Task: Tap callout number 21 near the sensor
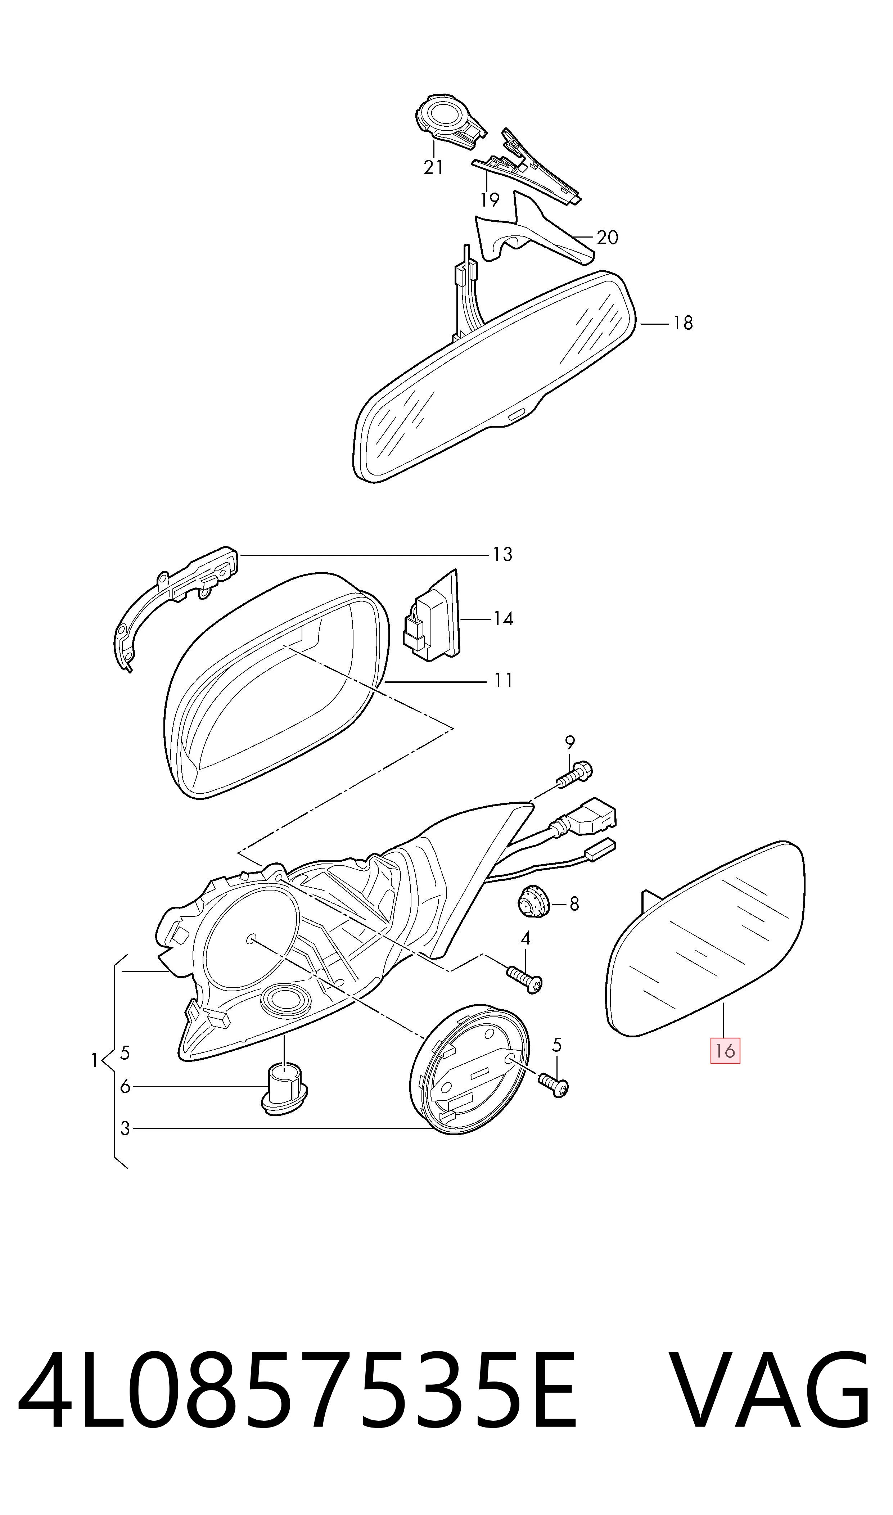(433, 167)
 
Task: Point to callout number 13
(502, 554)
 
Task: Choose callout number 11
(503, 681)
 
